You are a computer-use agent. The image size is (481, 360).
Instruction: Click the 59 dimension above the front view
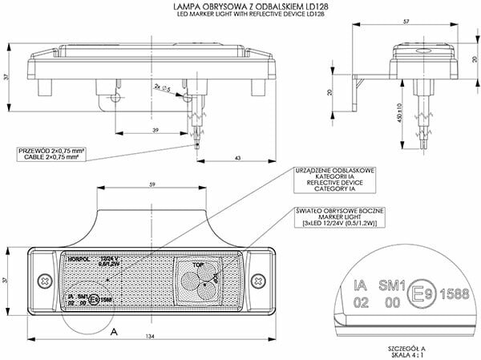coord(152,185)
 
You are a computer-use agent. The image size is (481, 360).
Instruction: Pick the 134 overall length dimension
coord(151,337)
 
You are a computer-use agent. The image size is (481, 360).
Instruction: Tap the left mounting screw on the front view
coord(40,280)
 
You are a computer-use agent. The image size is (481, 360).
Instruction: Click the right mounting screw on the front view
coord(258,280)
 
